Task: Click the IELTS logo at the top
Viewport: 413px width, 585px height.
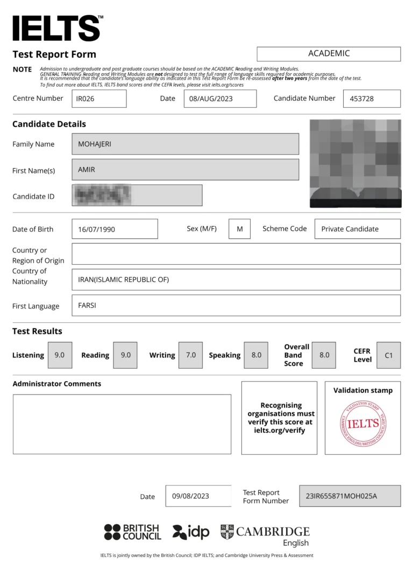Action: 57,28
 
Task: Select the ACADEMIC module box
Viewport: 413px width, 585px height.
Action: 329,54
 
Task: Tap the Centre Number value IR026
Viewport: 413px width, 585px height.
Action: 99,98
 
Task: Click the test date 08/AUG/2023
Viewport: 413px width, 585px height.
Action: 220,98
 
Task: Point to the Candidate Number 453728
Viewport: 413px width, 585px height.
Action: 372,98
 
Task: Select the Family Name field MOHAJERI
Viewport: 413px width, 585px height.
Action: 185,144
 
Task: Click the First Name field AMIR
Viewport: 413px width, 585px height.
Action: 185,170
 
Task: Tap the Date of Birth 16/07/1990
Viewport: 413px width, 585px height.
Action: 115,229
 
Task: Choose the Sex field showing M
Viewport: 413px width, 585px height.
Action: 239,229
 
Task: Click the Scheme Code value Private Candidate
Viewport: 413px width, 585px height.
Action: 357,229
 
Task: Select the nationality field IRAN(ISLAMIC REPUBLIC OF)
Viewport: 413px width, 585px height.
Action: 236,279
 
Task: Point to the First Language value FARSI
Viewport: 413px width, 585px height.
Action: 236,305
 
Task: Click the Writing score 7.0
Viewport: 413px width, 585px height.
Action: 190,355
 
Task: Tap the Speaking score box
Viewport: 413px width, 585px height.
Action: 256,355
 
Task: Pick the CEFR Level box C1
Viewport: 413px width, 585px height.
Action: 388,355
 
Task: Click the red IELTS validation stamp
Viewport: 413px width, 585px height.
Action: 363,424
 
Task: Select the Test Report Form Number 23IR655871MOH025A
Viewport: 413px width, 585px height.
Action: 350,496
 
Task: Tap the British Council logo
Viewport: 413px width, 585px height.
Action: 132,532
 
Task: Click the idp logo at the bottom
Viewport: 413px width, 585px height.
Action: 191,532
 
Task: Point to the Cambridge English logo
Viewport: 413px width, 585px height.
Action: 265,535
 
